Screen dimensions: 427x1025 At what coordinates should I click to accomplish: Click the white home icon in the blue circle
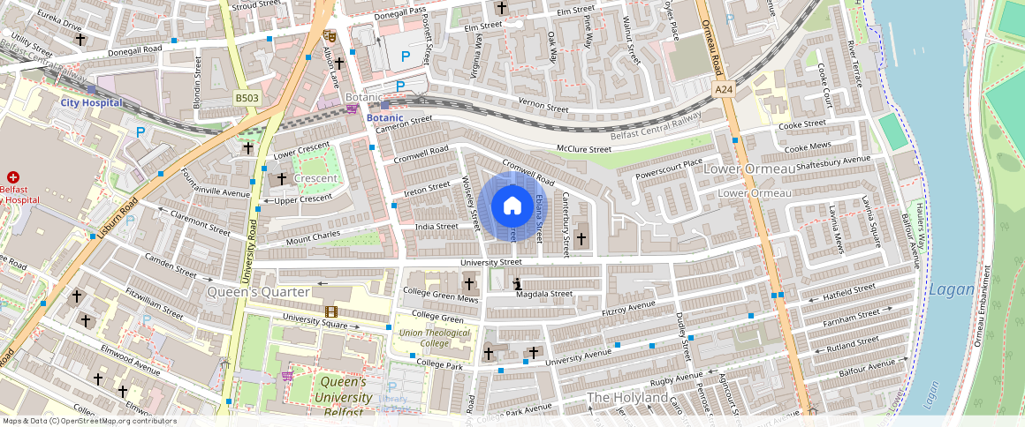click(512, 206)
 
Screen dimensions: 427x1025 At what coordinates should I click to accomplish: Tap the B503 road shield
click(247, 99)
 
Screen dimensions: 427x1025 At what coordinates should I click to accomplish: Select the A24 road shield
click(725, 89)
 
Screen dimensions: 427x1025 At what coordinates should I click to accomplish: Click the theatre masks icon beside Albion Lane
click(330, 36)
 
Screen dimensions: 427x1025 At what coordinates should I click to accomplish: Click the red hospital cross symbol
click(13, 177)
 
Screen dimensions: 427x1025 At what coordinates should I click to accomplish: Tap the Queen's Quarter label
click(258, 292)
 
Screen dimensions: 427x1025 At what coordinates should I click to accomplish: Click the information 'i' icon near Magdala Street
click(517, 283)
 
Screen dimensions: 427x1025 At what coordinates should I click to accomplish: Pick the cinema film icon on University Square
click(330, 311)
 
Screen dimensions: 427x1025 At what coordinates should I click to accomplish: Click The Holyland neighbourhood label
click(627, 398)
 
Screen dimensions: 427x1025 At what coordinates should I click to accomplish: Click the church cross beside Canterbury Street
click(581, 238)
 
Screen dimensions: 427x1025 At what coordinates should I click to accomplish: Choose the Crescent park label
click(315, 178)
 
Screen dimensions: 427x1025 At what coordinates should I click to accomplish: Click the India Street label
click(437, 227)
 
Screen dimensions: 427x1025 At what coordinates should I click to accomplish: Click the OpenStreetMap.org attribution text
click(90, 421)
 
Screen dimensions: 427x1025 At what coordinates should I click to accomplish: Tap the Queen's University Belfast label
click(343, 397)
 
